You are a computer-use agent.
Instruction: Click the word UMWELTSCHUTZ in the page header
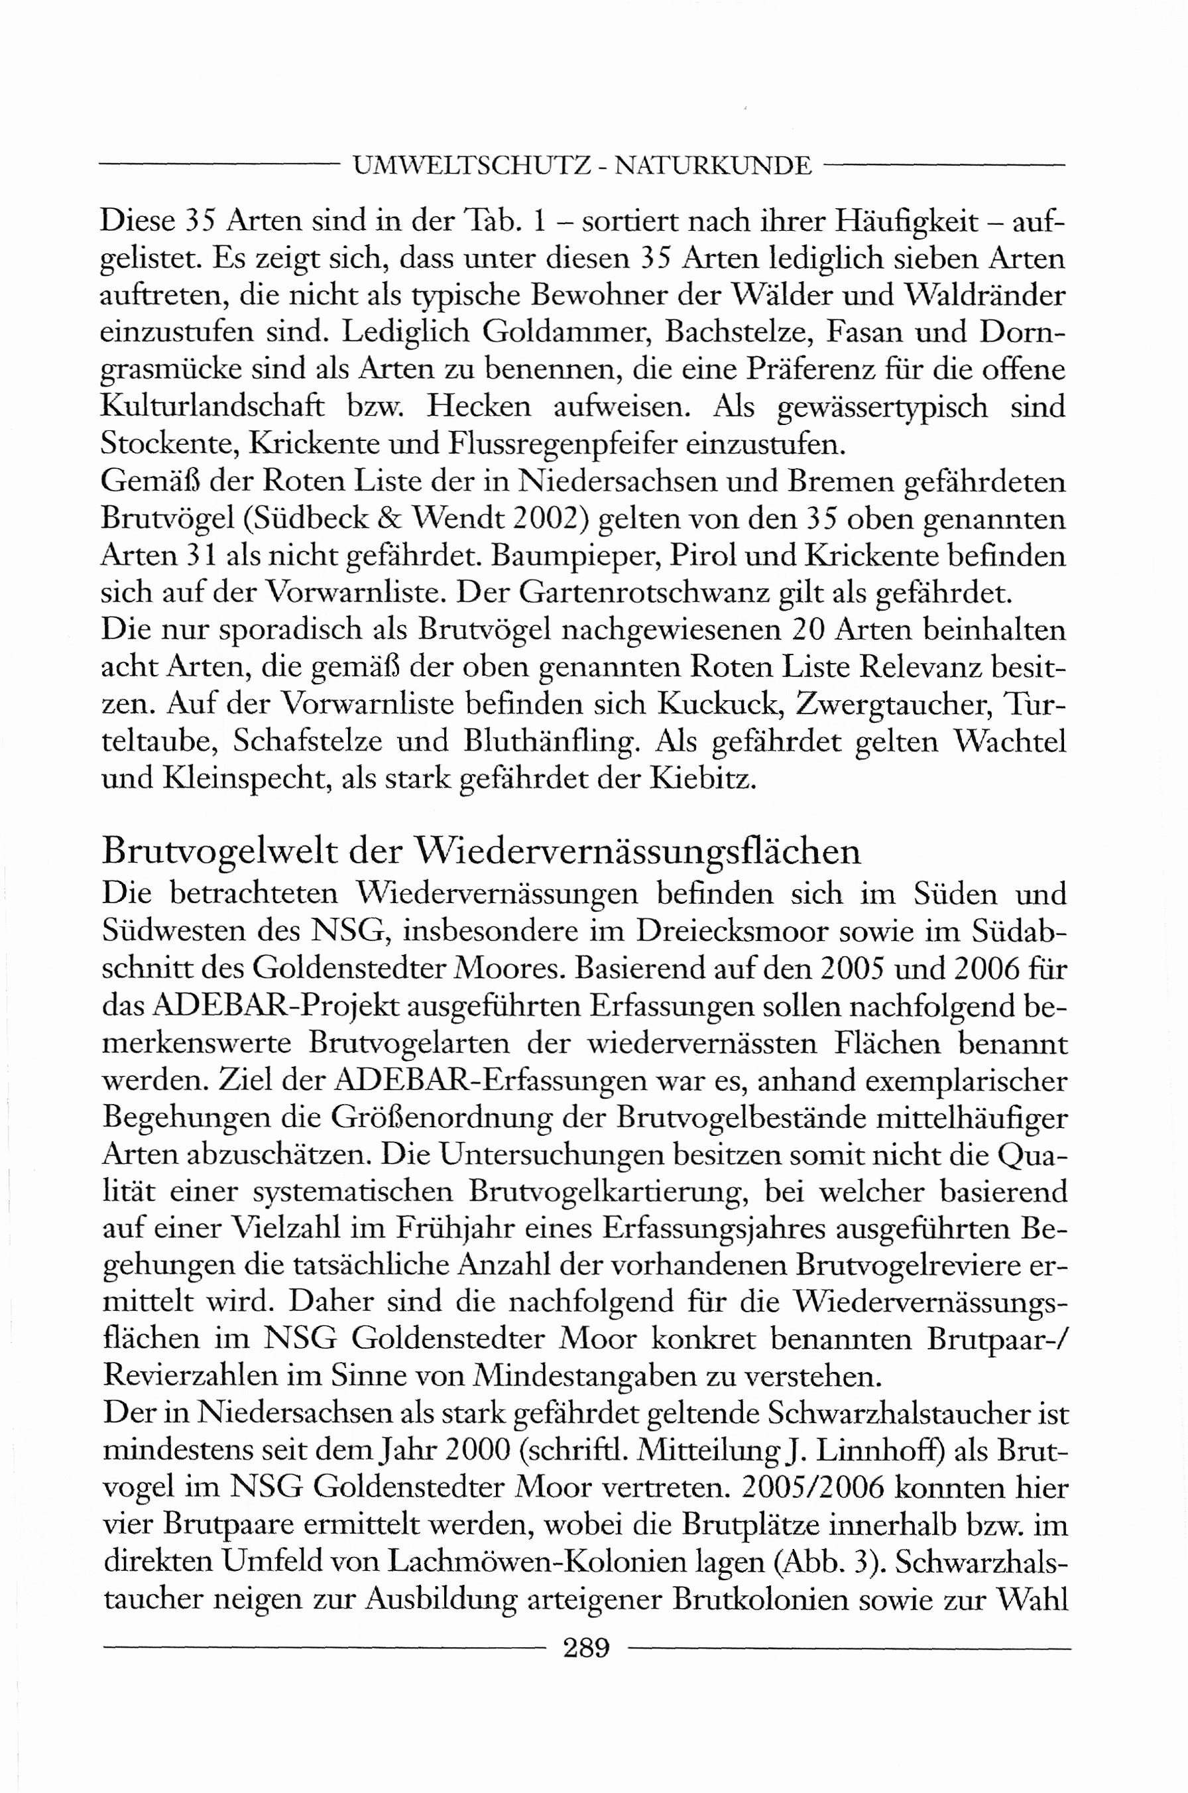472,165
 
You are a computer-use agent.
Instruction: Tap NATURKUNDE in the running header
713,165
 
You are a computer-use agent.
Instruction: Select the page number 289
587,1648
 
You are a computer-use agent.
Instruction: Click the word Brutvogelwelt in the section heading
219,852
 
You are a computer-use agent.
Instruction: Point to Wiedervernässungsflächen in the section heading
637,852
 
